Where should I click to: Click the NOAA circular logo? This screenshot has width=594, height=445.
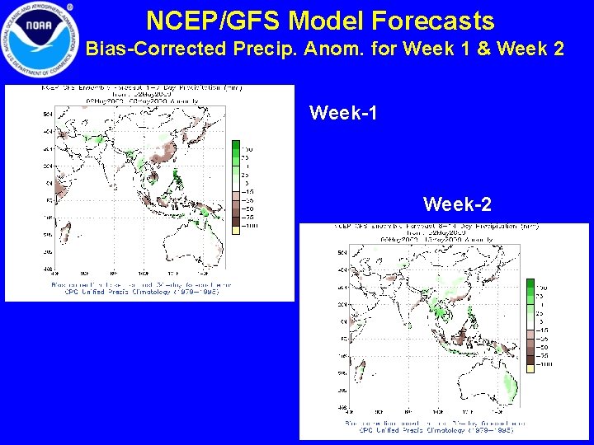coord(38,38)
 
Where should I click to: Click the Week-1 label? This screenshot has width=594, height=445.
coord(343,113)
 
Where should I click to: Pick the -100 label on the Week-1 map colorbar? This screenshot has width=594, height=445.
coord(247,225)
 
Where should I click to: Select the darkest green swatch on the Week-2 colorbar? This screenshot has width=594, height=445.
coord(530,286)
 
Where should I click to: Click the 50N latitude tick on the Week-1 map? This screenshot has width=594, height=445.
coord(46,114)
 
